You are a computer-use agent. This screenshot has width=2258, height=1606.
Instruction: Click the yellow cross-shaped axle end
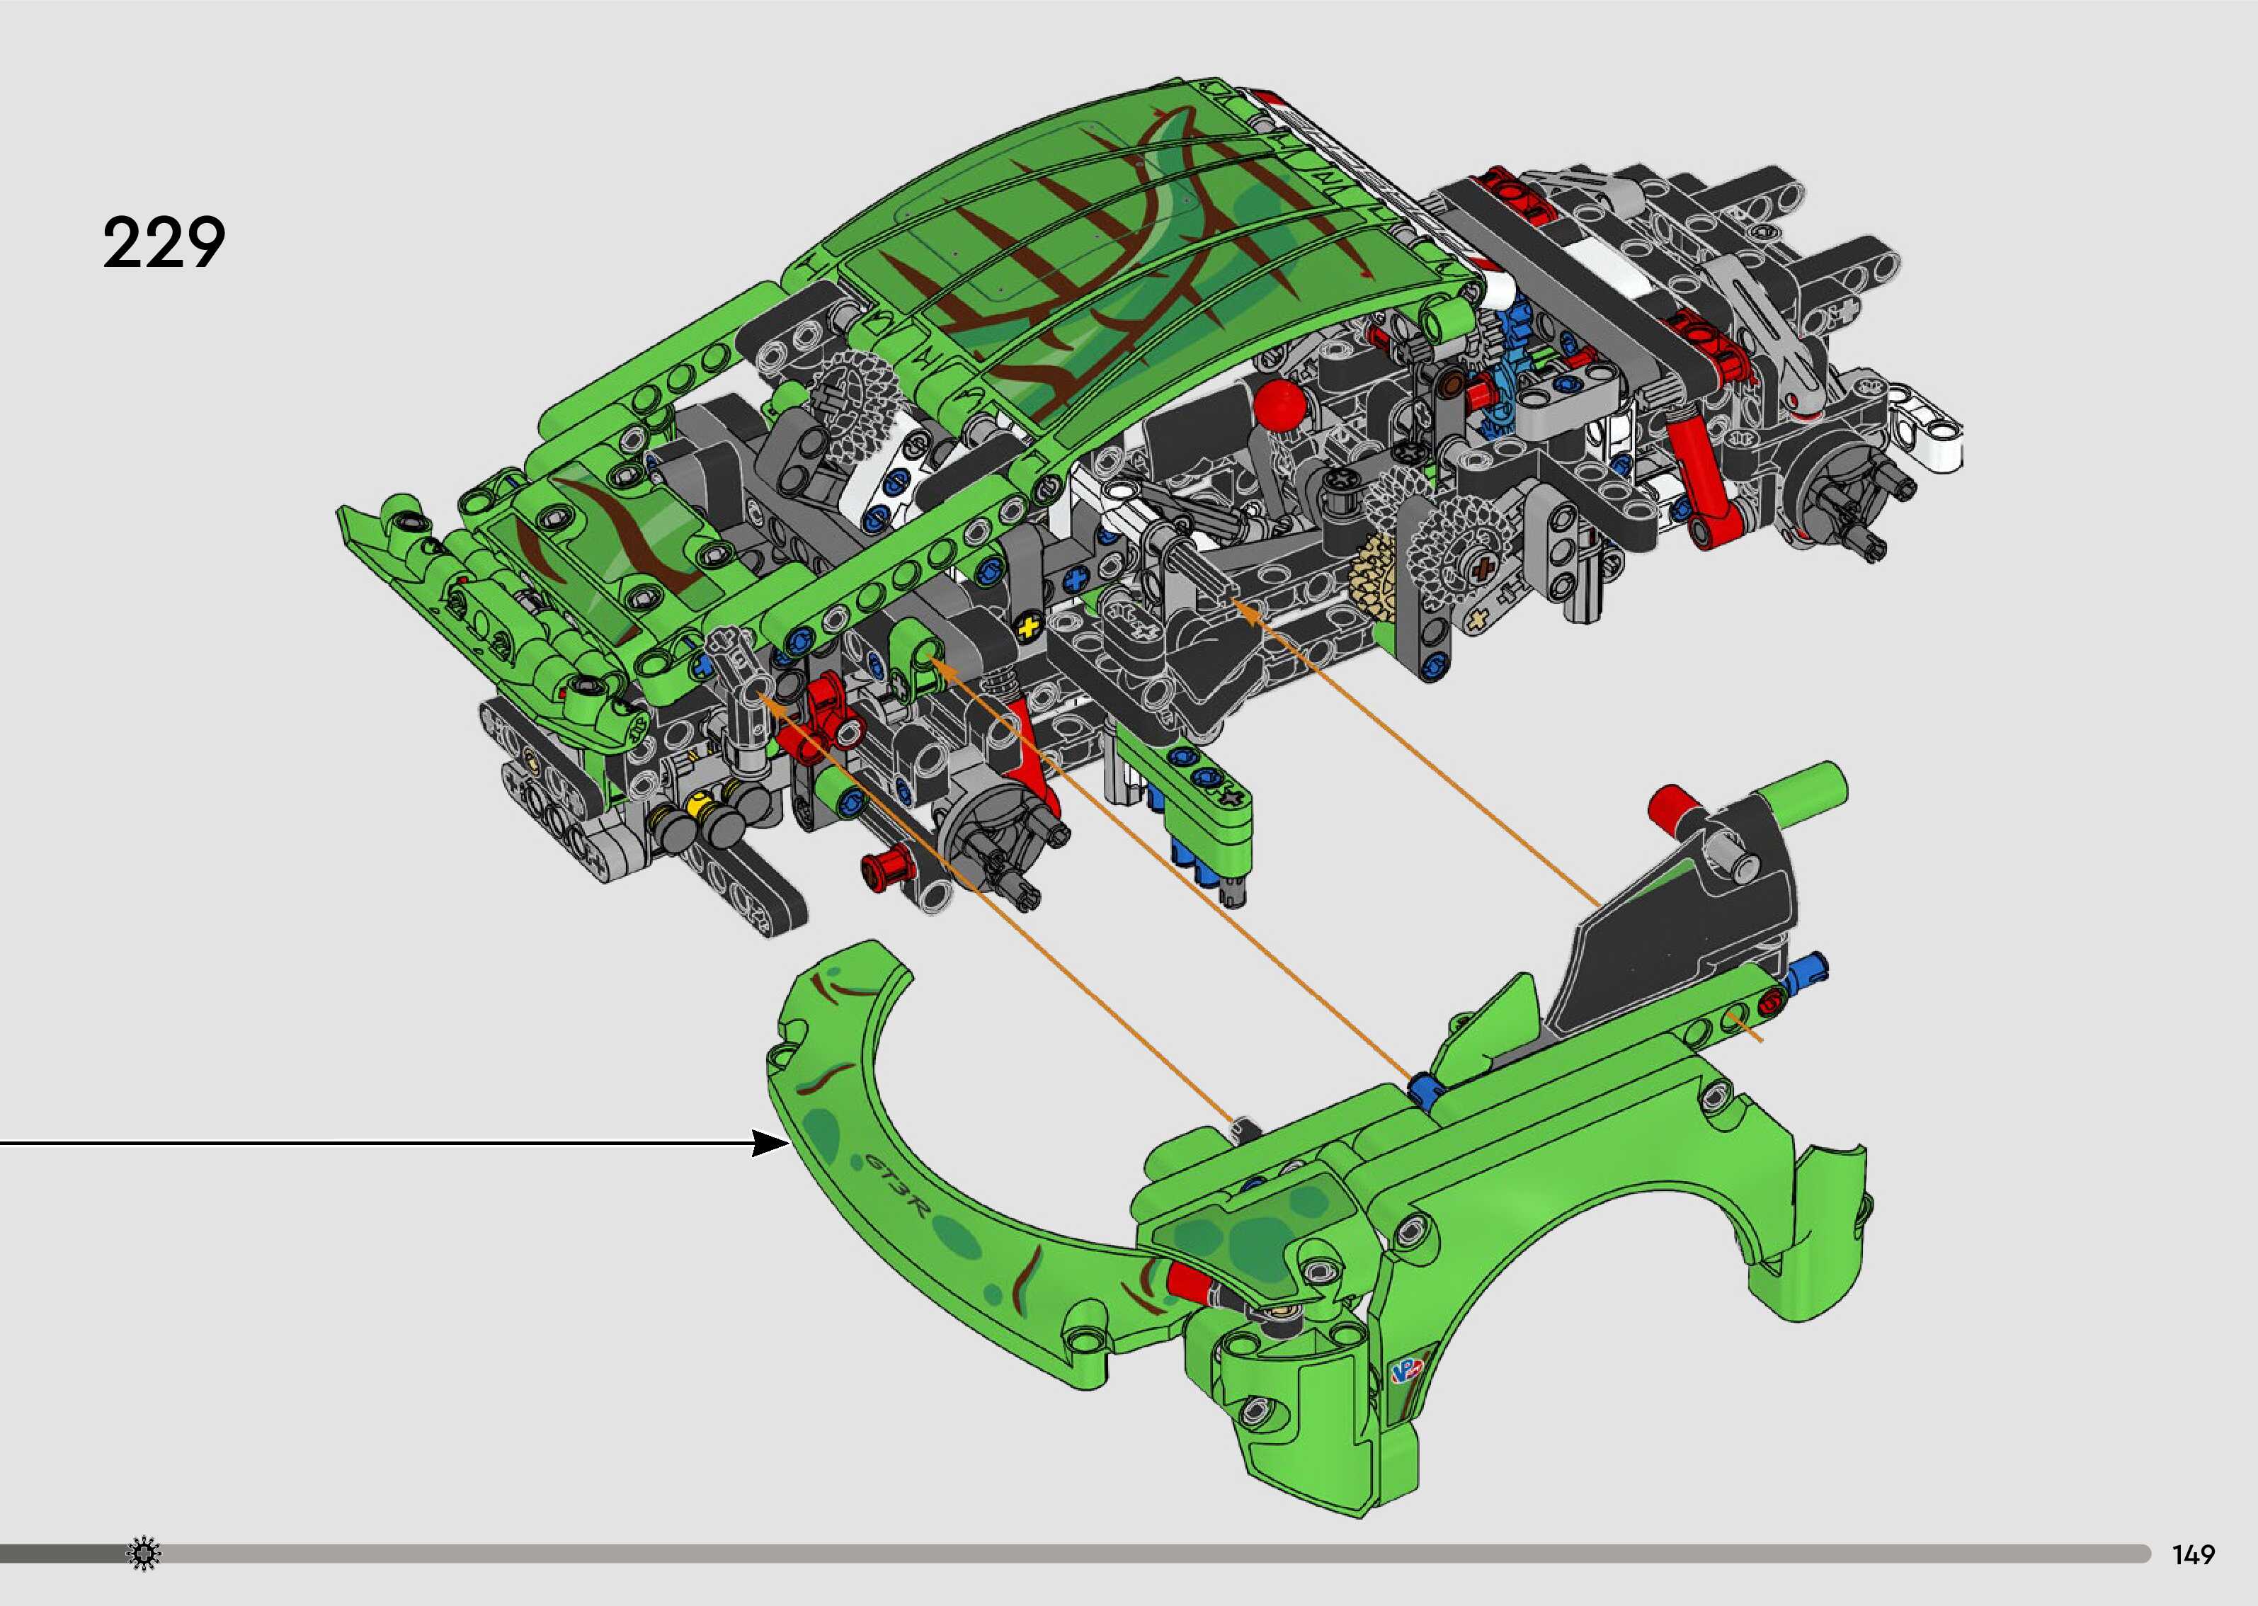tap(1029, 626)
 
